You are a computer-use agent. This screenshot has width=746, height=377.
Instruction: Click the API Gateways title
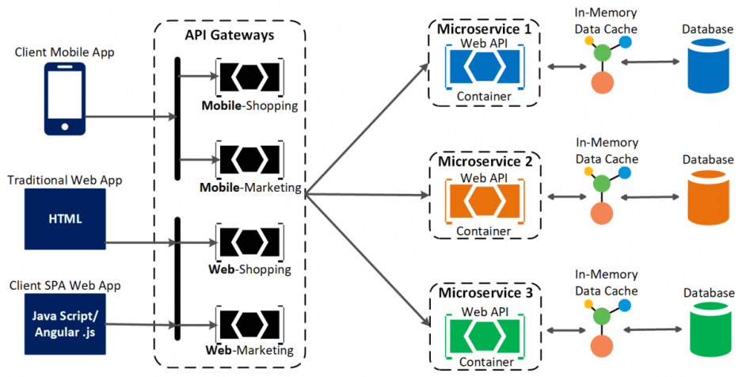click(230, 35)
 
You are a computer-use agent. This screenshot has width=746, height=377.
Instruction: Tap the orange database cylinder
click(706, 198)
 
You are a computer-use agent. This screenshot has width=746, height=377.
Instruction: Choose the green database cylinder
click(706, 331)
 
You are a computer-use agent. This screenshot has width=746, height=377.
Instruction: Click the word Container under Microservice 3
click(484, 363)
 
